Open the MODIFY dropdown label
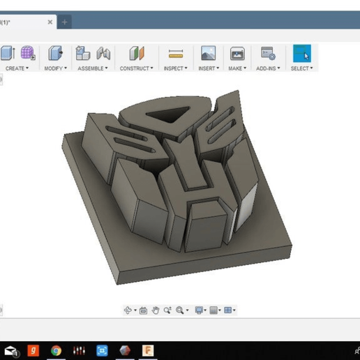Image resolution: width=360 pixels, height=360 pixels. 54,68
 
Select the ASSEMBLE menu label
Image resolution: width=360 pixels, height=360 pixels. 91,68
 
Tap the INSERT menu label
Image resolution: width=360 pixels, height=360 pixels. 207,68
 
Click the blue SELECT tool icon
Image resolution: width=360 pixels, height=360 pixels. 301,54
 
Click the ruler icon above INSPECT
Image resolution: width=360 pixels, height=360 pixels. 176,54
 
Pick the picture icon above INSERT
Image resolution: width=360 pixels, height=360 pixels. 208,54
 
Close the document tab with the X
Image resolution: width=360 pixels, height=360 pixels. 50,22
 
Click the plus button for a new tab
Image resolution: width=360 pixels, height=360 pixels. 65,22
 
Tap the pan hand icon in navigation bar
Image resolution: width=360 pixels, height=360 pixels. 156,310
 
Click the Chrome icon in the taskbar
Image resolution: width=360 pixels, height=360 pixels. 56,350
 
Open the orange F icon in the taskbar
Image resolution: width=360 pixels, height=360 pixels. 148,350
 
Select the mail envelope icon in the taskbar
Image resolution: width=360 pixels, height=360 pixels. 10,350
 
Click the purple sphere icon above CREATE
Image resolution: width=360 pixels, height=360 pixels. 27,53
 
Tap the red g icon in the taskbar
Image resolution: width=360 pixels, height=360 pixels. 33,350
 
